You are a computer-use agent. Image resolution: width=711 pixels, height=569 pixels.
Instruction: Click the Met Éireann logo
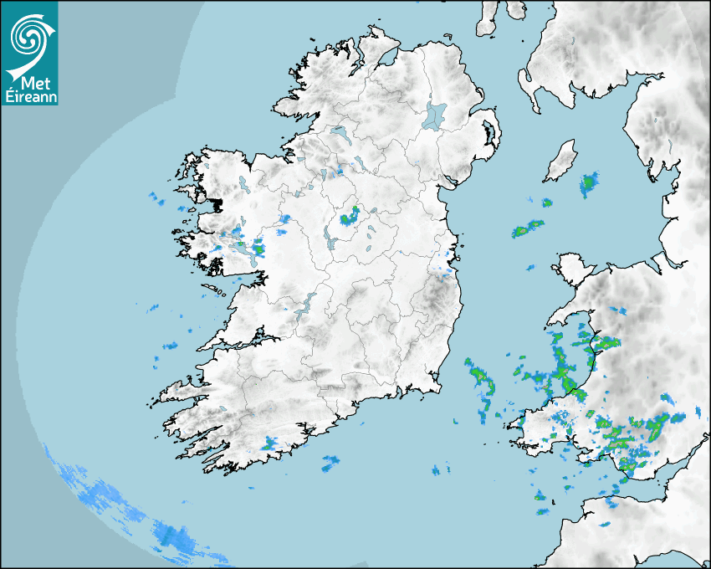(x=29, y=54)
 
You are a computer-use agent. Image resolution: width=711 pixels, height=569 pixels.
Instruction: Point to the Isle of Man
(x=561, y=161)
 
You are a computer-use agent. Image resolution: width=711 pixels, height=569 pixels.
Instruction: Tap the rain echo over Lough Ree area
(x=348, y=219)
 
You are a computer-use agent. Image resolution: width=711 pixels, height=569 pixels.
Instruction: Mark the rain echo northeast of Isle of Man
(x=590, y=183)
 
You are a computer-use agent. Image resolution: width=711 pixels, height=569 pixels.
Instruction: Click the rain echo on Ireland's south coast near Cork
(x=270, y=443)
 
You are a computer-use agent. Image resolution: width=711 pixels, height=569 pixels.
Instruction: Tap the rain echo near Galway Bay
(x=257, y=247)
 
